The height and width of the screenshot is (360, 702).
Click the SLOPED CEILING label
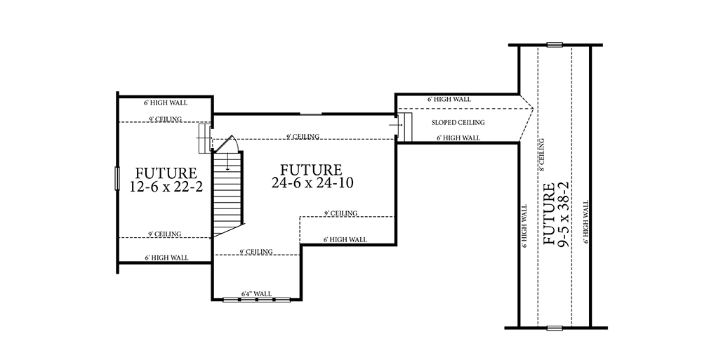(x=458, y=123)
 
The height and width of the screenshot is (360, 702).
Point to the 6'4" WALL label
(x=256, y=293)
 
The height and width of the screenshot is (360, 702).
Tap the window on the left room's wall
(x=117, y=178)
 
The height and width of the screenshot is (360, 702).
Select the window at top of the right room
(x=555, y=45)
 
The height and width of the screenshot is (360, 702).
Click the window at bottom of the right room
(x=555, y=328)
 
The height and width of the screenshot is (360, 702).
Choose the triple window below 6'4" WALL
(x=256, y=300)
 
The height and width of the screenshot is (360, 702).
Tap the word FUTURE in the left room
(x=166, y=173)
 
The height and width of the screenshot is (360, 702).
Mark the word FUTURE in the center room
(x=311, y=170)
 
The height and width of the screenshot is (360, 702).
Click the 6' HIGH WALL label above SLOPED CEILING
(x=449, y=100)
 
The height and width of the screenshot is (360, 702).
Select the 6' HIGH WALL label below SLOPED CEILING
(x=458, y=138)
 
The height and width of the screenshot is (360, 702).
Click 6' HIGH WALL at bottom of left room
(x=166, y=258)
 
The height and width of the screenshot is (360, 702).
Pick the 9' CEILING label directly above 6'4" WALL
(x=256, y=252)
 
